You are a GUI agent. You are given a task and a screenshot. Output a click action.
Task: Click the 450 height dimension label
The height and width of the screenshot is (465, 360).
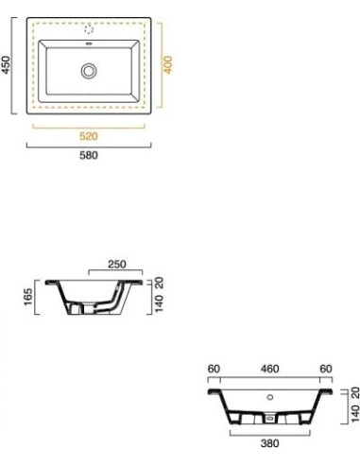[6, 65]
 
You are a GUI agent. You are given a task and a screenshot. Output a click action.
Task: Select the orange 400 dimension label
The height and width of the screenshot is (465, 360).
[168, 65]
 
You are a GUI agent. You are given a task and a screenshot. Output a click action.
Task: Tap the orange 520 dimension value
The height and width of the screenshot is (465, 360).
[89, 136]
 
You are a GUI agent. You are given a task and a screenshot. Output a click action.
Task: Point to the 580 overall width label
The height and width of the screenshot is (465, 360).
[89, 155]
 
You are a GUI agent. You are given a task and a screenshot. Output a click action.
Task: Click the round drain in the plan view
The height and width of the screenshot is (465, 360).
[89, 71]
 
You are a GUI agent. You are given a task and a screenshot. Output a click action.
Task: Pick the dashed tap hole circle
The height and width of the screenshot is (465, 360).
[89, 29]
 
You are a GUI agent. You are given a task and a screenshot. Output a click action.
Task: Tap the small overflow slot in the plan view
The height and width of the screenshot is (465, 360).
[89, 43]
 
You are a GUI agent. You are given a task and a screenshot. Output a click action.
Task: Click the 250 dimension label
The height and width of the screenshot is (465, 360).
[117, 264]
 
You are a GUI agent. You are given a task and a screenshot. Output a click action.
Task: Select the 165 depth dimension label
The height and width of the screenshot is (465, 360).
[28, 297]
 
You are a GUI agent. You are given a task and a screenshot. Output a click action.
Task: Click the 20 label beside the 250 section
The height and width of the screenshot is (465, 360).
[159, 283]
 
